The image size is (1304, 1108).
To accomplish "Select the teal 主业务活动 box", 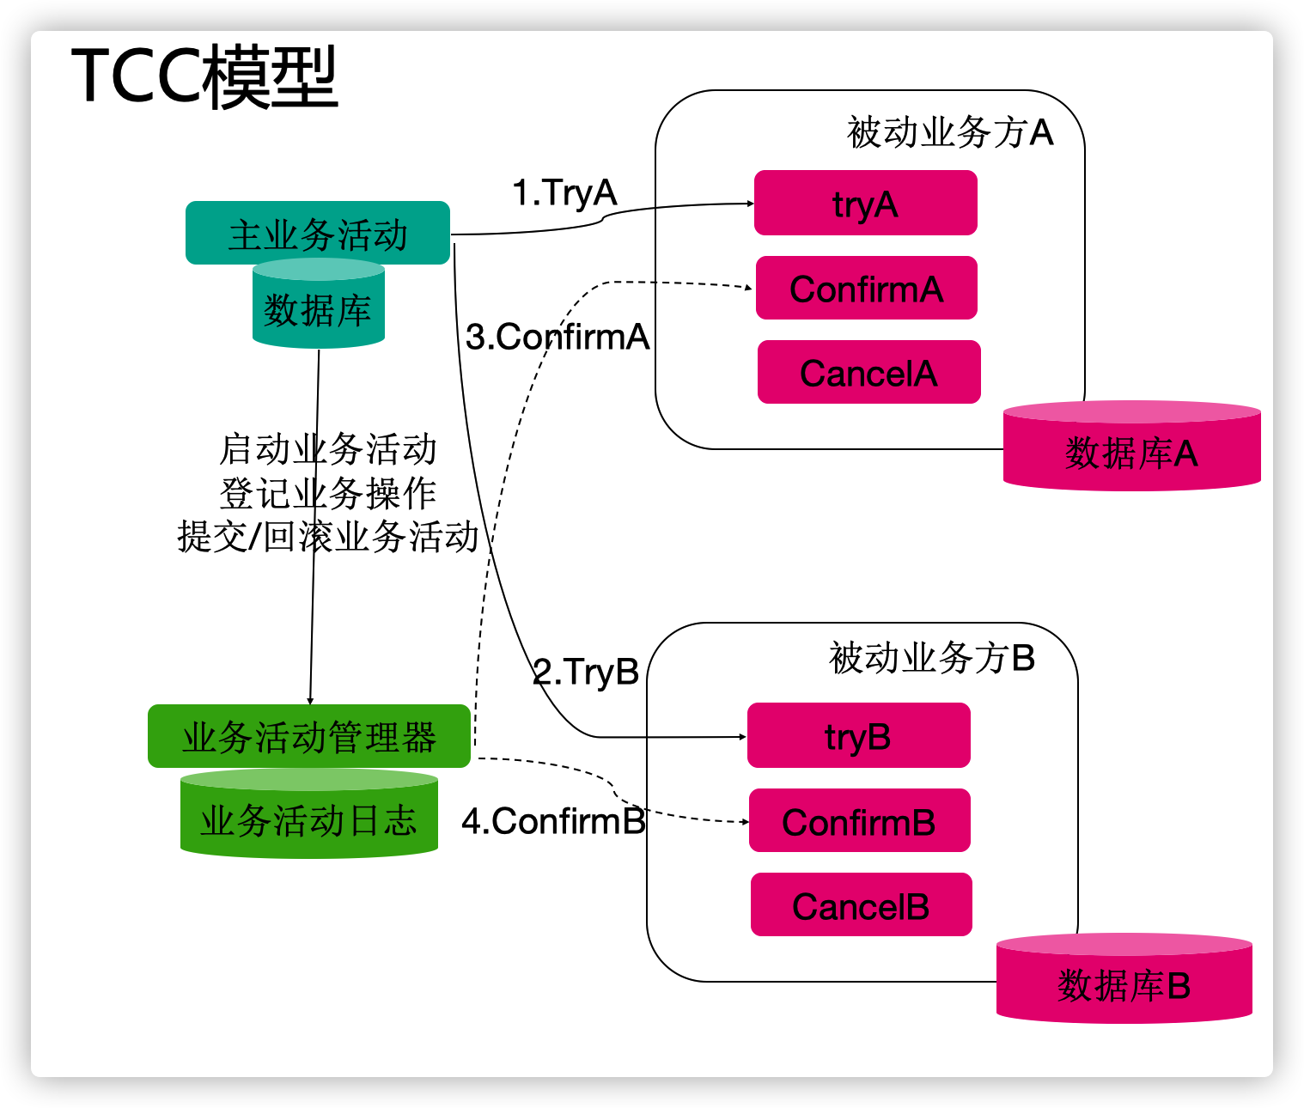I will click(x=318, y=234).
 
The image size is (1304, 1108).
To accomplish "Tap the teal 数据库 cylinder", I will click(x=318, y=309).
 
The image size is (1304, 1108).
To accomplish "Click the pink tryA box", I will click(x=865, y=204).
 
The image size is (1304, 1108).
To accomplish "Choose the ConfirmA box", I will click(x=866, y=289).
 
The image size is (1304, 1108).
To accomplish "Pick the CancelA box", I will click(x=868, y=373).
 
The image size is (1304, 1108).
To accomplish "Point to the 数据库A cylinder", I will click(x=1131, y=451).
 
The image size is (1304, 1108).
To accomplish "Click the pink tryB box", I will click(x=858, y=736).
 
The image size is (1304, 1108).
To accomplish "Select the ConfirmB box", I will click(x=859, y=821).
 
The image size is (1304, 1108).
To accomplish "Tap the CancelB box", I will click(x=861, y=905).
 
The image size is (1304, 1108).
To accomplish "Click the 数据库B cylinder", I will click(x=1124, y=983).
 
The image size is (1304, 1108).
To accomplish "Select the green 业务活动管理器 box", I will click(x=309, y=737).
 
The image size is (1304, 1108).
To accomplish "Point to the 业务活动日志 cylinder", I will click(x=309, y=819).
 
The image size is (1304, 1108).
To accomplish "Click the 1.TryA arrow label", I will click(x=564, y=192).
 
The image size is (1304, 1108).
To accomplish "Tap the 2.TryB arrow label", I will click(x=586, y=671).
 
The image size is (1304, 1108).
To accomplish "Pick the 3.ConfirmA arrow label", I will click(x=557, y=337).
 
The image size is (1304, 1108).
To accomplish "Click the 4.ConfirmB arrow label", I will click(x=553, y=821).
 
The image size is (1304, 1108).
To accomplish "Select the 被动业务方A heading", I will click(x=949, y=132).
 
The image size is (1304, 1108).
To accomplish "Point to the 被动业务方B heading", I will click(x=931, y=658).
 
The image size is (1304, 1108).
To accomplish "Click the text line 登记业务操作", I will click(x=328, y=493).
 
